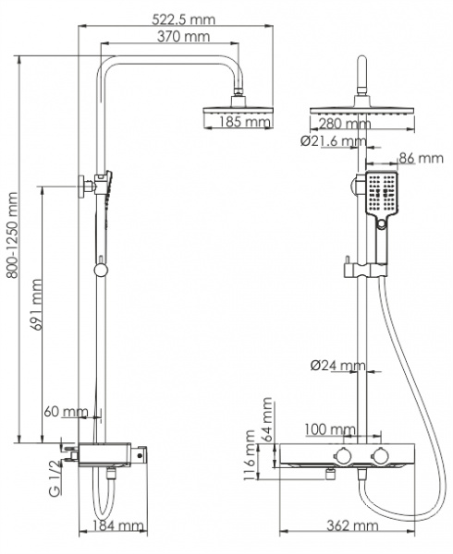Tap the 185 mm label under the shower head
coord(238,120)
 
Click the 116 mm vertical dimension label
coord(251,456)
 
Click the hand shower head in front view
coord(380,197)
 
